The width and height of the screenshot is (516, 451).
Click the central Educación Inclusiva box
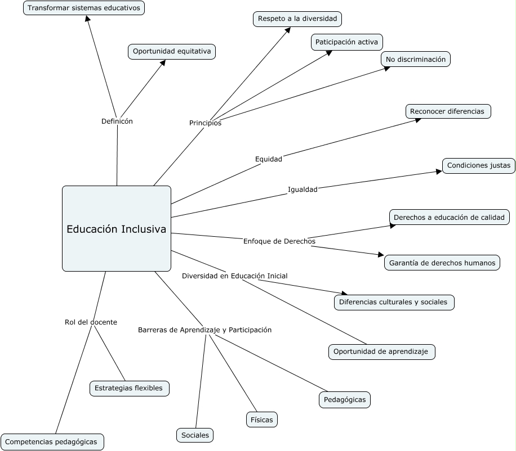coord(117,229)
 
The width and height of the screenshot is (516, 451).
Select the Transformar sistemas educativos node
coord(84,8)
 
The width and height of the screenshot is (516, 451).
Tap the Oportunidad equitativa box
coord(172,52)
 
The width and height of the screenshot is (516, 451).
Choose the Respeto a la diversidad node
coord(297,19)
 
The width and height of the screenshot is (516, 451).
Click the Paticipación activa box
coord(347,42)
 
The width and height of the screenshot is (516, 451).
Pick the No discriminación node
coord(416,59)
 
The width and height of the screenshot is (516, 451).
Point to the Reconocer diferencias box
coord(448,111)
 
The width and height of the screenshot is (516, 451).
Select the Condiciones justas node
coord(478,166)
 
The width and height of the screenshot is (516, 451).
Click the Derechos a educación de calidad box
coord(450,217)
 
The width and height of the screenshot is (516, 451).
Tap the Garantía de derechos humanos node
coord(442,263)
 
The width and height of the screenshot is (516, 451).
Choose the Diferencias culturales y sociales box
coord(394,302)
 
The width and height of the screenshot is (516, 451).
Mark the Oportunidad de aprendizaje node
coord(382,352)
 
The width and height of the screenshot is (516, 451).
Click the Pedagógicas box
coord(345,400)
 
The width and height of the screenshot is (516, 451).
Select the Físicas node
coord(262,420)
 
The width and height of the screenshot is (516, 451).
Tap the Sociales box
coord(195,435)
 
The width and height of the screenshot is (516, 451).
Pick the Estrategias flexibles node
coord(129,388)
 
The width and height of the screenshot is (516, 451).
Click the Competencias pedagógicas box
coord(52,442)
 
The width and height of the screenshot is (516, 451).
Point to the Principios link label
coord(205,123)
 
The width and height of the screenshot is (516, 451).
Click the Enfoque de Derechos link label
coord(279,241)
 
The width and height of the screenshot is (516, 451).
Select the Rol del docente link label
coord(91,322)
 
